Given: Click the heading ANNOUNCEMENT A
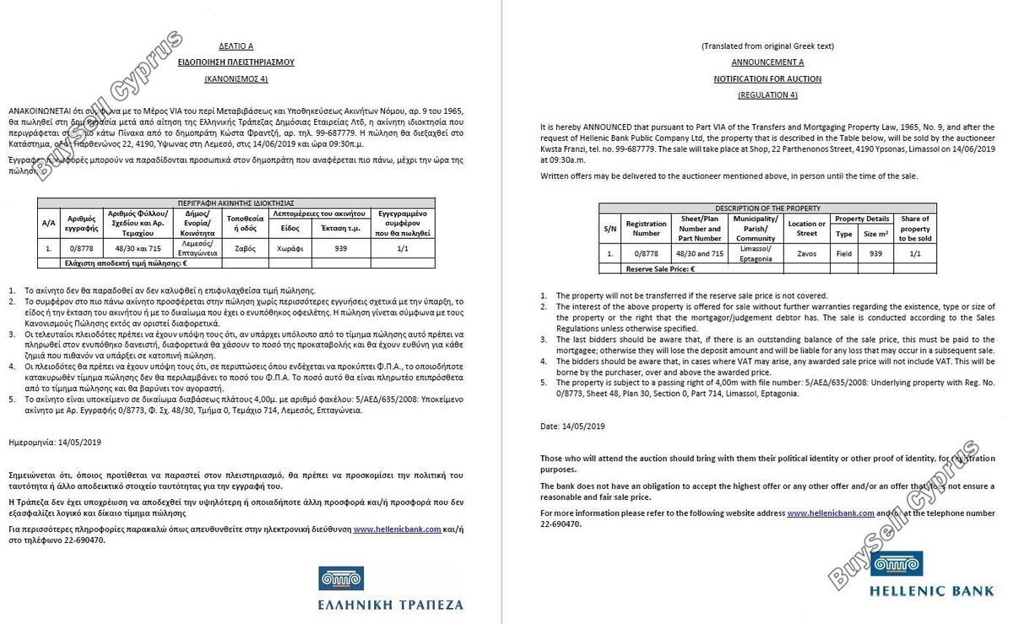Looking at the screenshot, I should (767, 62).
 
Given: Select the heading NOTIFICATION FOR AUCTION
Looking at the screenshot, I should (767, 79).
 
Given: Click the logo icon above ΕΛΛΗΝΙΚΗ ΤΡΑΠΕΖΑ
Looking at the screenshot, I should (341, 579).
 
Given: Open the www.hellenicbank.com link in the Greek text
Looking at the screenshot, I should (397, 529).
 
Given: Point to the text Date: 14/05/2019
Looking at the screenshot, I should (572, 426).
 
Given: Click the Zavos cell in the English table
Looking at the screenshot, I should (807, 253).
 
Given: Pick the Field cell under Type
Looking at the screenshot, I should (843, 253).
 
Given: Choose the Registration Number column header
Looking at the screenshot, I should (646, 228).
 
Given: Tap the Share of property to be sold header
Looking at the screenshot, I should (915, 228).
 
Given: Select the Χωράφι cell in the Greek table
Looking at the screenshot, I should (290, 249).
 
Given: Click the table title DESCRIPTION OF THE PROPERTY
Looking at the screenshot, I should (767, 208).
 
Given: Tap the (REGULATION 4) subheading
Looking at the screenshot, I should (767, 95).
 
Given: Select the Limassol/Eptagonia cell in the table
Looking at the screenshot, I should (755, 253).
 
